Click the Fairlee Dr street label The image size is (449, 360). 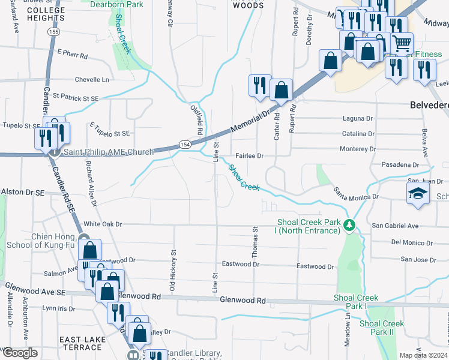pos(250,155)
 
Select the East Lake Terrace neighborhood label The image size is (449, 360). pos(83,344)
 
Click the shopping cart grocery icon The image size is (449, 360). pos(402,43)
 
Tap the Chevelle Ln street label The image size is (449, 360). pos(93,79)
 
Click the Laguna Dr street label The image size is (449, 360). pos(358,119)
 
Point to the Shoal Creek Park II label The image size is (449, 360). pos(381,328)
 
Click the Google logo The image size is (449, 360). pos(20,353)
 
